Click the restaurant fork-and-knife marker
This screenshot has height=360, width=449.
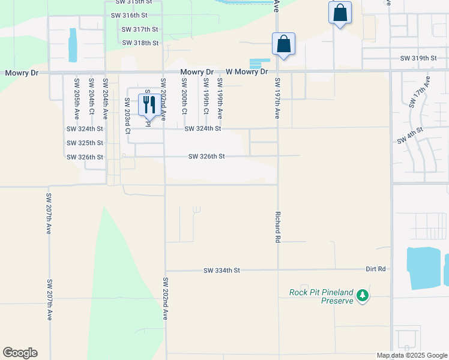(148, 104)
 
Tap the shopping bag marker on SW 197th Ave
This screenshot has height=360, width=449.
(283, 44)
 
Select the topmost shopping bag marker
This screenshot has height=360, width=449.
(340, 13)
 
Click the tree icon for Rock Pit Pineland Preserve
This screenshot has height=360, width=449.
(362, 295)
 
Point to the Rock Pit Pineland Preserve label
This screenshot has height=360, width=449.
(321, 296)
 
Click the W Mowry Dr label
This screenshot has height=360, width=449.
(247, 72)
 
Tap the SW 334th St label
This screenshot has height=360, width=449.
(221, 271)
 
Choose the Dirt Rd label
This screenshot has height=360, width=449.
(376, 270)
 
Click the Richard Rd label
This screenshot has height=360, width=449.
(277, 226)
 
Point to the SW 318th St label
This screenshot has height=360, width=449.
(140, 43)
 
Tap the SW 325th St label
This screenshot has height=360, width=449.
(85, 143)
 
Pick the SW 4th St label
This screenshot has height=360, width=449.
(411, 136)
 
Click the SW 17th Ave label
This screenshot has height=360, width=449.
(420, 92)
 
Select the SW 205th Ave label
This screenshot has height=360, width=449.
(76, 97)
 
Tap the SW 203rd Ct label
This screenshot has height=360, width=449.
(127, 115)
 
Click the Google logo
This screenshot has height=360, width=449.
(20, 353)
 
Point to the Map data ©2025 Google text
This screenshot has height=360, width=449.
(411, 355)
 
